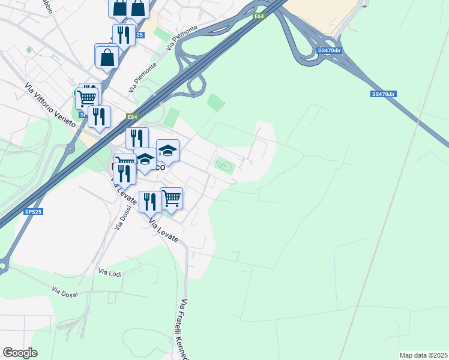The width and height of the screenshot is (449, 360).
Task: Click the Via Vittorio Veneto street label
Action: point(50,105)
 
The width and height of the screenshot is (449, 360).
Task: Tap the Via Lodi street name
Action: point(110,272)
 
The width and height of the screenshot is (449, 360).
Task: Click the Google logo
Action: point(20,353)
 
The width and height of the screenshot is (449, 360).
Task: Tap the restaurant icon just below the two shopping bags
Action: point(124,34)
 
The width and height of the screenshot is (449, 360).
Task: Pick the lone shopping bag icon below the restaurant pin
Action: point(107,57)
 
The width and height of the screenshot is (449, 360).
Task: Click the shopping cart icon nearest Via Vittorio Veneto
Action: point(87,97)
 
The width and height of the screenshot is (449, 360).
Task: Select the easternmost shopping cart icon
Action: point(172,197)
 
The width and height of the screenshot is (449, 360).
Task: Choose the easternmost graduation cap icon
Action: point(167,150)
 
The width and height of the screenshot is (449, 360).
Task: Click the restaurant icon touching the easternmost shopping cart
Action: point(149,201)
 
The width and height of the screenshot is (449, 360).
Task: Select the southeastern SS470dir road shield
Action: point(384,94)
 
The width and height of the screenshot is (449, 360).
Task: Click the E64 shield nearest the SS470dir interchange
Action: point(259,16)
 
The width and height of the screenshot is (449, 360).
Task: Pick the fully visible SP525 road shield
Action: point(34,212)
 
